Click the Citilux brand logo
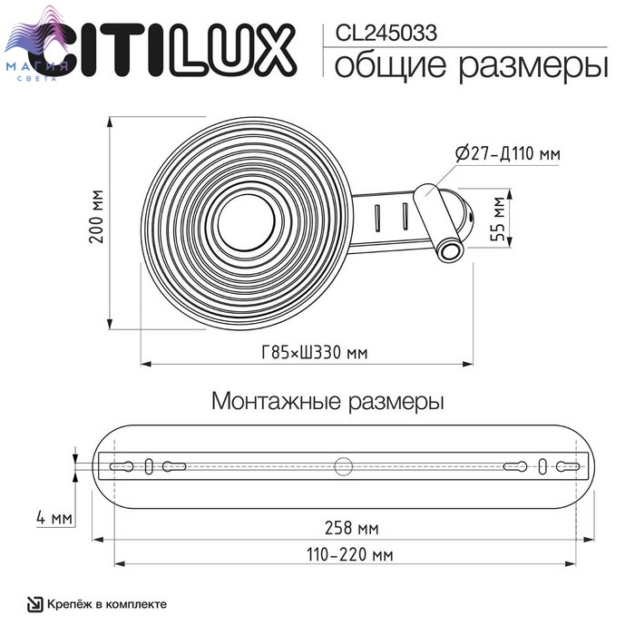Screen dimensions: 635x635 point(162,50)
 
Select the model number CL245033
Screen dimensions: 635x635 point(386,33)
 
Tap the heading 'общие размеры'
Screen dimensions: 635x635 point(471,65)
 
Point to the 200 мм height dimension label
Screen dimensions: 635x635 point(96,217)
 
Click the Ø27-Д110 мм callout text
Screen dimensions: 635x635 point(508,153)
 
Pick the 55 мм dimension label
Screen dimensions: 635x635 point(498,219)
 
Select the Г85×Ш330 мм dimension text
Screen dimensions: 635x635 point(315,352)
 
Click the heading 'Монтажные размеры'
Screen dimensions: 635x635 point(327,402)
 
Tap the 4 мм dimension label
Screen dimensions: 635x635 point(54,518)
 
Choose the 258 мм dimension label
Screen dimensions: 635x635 point(352,528)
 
